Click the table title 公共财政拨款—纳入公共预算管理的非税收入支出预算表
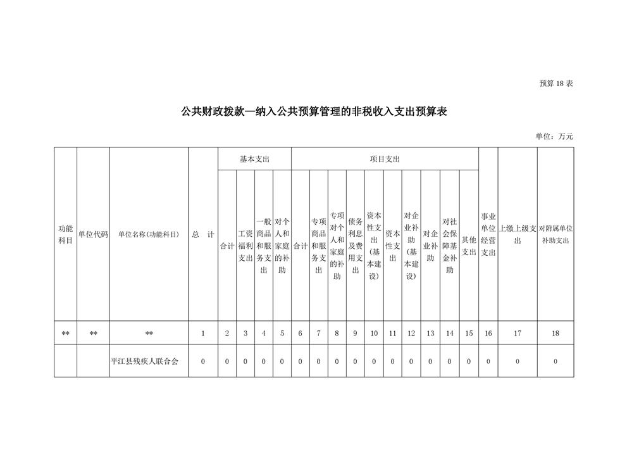[x=314, y=112]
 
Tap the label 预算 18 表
[x=556, y=84]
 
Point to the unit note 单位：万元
[x=554, y=136]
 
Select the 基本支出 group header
[x=254, y=159]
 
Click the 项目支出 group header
[x=385, y=159]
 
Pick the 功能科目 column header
[x=66, y=234]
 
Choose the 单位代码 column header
[x=93, y=234]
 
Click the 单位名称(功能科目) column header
[x=149, y=234]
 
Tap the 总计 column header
[x=202, y=234]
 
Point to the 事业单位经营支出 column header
[x=488, y=234]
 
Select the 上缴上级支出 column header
[x=518, y=234]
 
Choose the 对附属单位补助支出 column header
[x=555, y=234]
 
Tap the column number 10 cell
[x=374, y=333]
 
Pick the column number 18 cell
[x=555, y=333]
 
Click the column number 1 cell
[x=203, y=333]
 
